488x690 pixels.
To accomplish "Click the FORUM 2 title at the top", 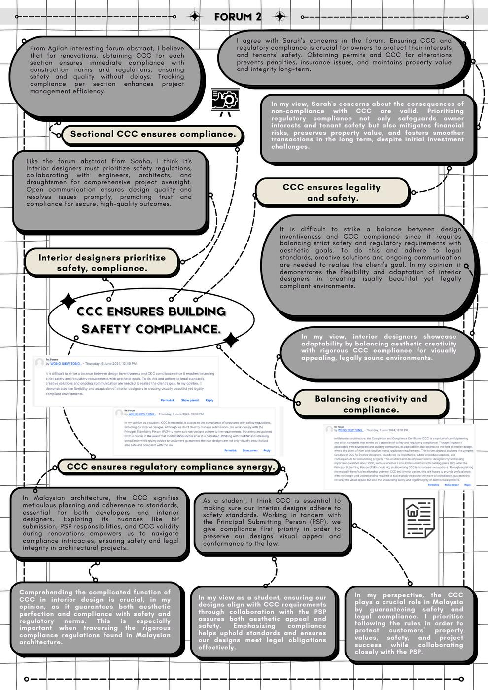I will (x=238, y=17).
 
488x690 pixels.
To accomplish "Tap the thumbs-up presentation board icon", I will (x=225, y=100).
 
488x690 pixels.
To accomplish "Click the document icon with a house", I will (x=418, y=517).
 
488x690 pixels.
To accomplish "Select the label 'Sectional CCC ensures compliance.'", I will (x=153, y=134).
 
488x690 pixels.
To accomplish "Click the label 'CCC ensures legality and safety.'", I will (x=332, y=192).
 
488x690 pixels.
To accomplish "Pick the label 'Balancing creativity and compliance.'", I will (x=371, y=404).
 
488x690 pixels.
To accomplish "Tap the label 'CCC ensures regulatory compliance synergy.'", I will (x=171, y=467).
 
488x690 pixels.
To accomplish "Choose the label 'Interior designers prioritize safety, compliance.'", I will (x=102, y=263).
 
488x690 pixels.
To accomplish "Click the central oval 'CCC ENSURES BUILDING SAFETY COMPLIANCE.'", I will (x=151, y=320).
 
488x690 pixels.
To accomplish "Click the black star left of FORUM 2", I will (x=195, y=17).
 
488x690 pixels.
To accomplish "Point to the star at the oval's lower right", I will (x=230, y=340).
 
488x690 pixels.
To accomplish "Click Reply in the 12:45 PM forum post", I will (x=209, y=400).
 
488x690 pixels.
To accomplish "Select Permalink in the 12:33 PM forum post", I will (x=230, y=450).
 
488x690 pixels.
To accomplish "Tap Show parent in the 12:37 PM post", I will (x=452, y=485).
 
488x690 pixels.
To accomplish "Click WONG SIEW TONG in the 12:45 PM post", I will (x=66, y=364).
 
